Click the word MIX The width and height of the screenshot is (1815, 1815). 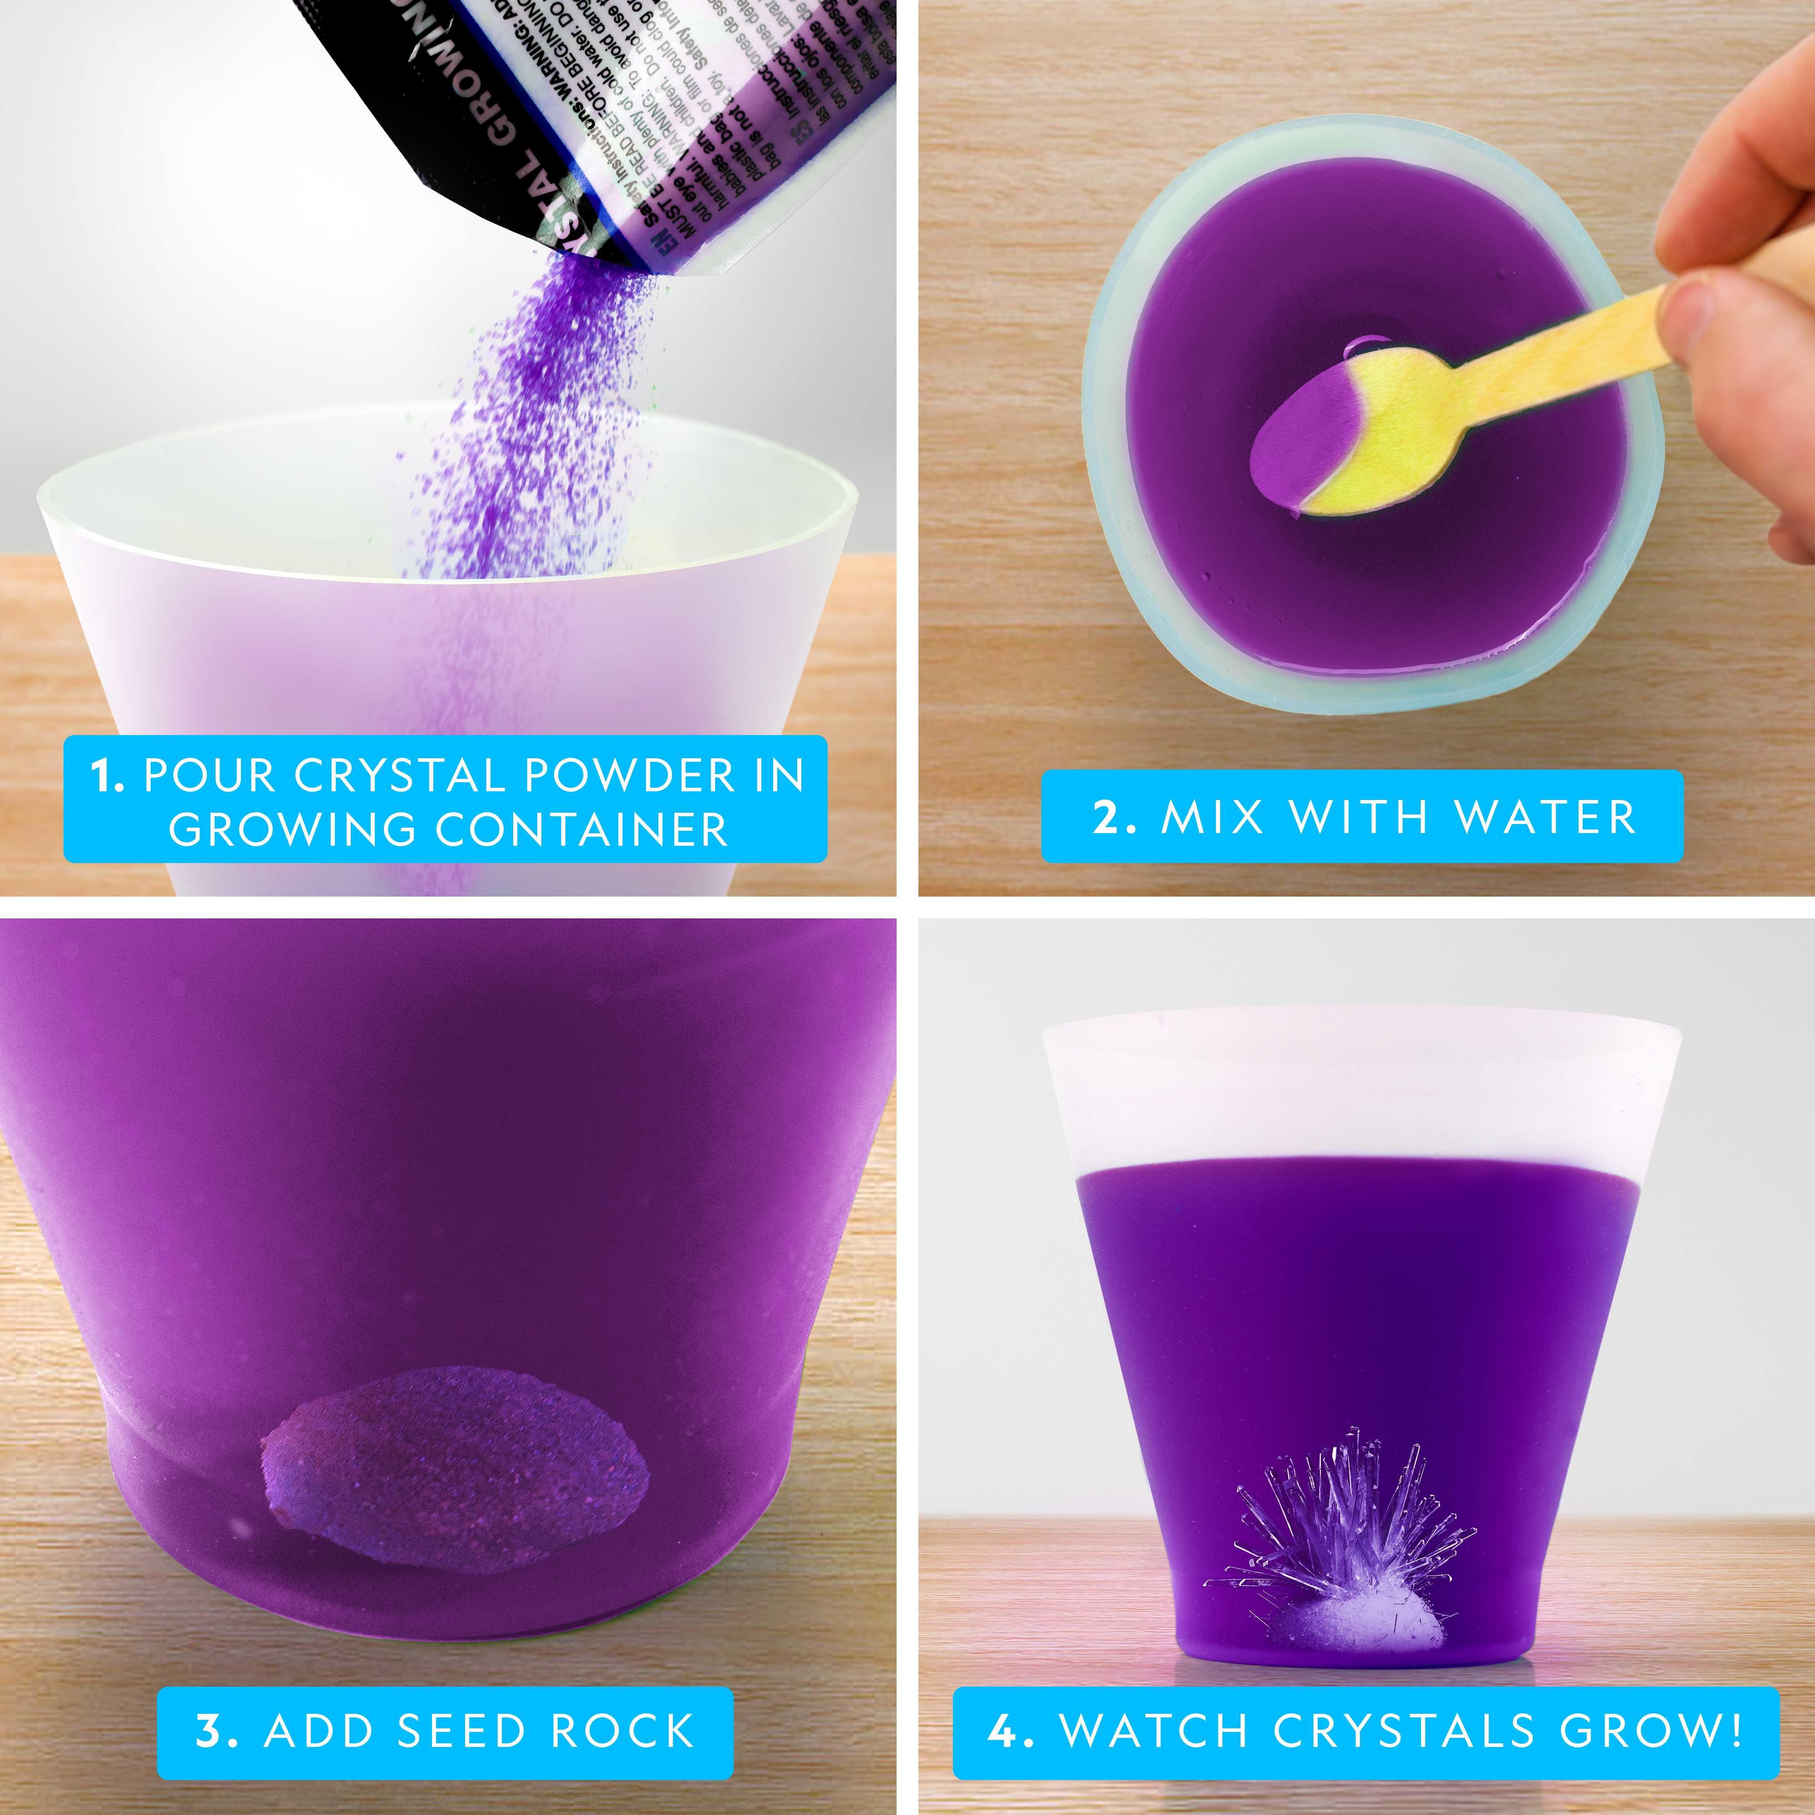1213,816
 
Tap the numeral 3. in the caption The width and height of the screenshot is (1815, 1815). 216,1731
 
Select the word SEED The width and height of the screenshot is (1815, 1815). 460,1731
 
